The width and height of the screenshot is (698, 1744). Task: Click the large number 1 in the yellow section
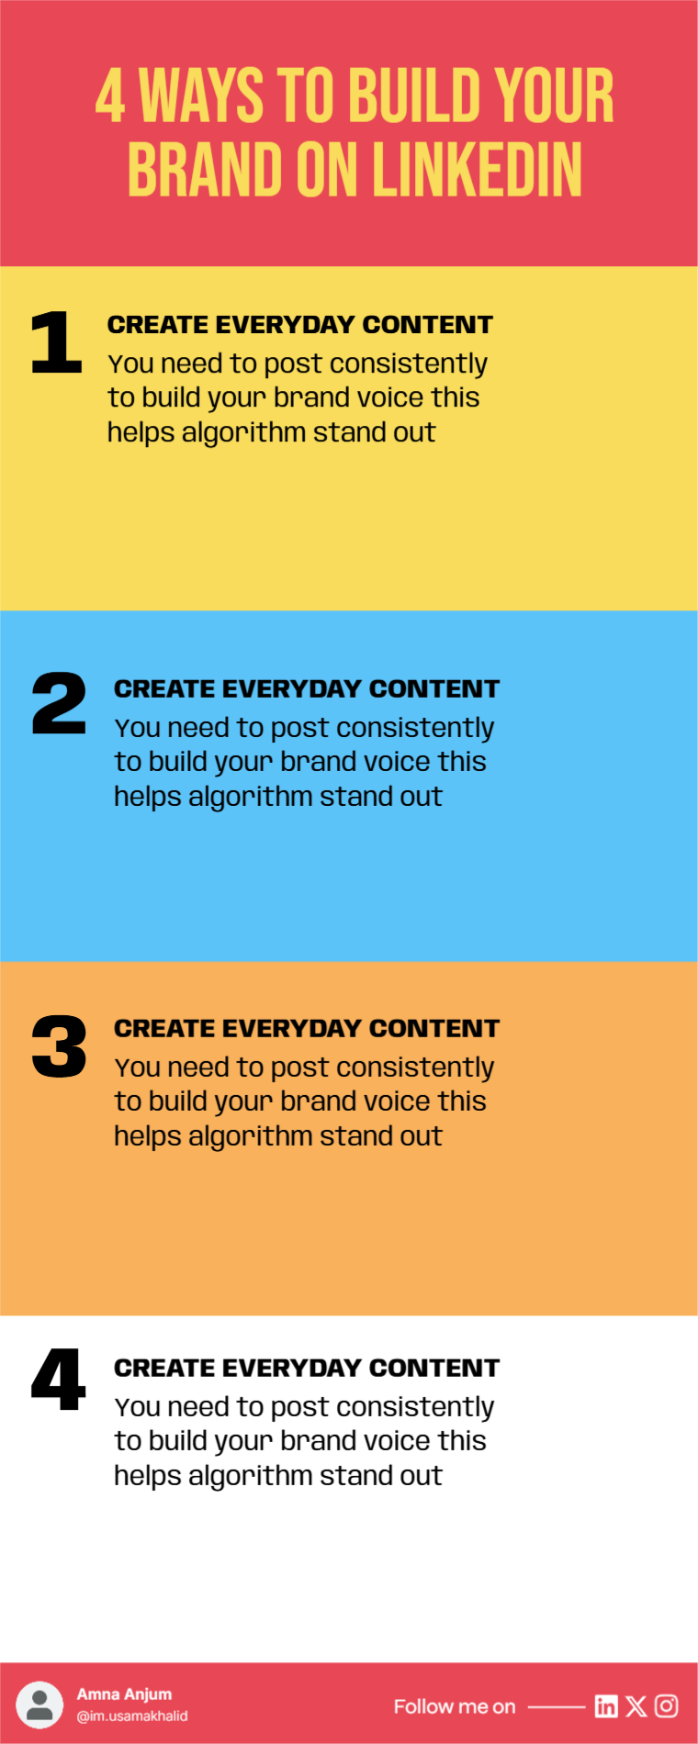click(x=57, y=342)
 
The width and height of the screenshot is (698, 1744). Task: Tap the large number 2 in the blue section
click(x=59, y=703)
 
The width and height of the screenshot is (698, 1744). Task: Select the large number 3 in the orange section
click(x=59, y=1046)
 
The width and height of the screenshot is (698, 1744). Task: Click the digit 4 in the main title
click(x=110, y=95)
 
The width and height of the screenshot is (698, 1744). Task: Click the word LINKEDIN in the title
click(x=477, y=170)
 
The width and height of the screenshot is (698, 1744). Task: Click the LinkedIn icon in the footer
click(x=606, y=1706)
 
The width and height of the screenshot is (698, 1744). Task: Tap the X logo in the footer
click(x=636, y=1706)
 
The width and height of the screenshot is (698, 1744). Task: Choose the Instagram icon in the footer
click(x=667, y=1706)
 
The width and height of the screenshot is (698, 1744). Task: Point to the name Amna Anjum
click(x=124, y=1694)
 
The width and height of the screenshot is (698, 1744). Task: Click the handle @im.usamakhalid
click(x=132, y=1716)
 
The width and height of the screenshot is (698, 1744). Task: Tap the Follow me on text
click(x=455, y=1706)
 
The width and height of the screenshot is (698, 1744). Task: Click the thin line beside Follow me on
click(x=557, y=1707)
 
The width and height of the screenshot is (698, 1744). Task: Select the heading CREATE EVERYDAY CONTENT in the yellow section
click(x=300, y=325)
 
